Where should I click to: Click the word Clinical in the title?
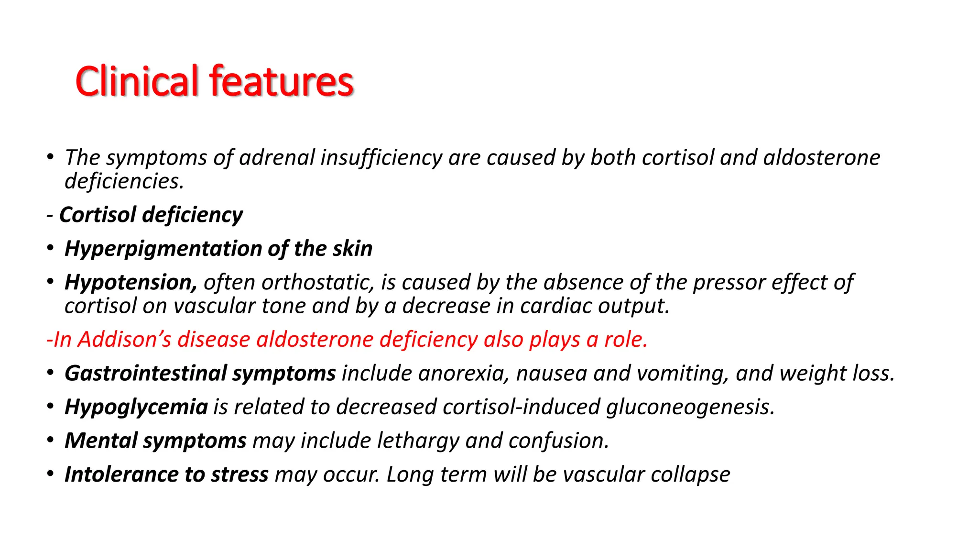(137, 81)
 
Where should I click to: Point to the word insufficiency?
(381, 158)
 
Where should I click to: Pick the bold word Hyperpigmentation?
(163, 249)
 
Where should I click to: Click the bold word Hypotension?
(131, 283)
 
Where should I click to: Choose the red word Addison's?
(124, 340)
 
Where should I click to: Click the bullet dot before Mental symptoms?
(50, 440)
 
